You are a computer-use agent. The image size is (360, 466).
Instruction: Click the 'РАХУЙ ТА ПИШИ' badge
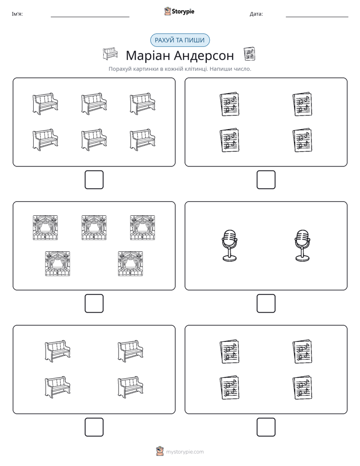[179, 40]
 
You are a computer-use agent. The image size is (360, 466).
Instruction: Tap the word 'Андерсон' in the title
[204, 55]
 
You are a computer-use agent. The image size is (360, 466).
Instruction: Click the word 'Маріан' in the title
[147, 56]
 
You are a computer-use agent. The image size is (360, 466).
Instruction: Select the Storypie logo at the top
[179, 12]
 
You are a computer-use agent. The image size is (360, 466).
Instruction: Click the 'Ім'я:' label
[17, 14]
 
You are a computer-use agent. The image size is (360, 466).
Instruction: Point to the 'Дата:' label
[256, 14]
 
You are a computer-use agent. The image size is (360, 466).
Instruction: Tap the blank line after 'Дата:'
[317, 17]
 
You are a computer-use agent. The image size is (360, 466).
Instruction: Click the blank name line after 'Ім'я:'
[90, 17]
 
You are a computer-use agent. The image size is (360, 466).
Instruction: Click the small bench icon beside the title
[110, 54]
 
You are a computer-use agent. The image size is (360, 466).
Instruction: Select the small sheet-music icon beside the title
[249, 54]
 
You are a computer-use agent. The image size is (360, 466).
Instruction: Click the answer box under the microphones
[266, 304]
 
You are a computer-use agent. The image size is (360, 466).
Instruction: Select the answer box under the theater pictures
[94, 304]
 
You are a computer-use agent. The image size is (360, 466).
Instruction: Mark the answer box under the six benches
[94, 180]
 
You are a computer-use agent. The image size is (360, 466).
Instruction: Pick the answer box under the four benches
[94, 427]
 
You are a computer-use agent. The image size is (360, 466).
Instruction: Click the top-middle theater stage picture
[94, 227]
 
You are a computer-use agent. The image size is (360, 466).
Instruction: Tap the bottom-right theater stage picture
[131, 264]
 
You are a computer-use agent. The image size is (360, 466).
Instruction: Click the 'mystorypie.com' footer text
[185, 452]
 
